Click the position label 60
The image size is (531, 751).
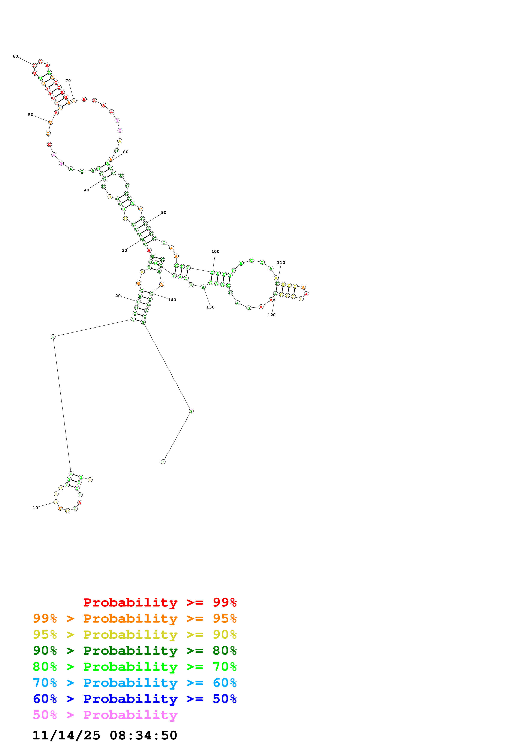click(15, 56)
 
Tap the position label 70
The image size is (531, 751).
click(68, 80)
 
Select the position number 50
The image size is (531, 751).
click(30, 115)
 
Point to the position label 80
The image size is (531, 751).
click(126, 152)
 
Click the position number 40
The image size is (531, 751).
click(86, 190)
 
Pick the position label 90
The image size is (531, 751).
click(164, 213)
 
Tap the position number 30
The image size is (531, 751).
click(124, 250)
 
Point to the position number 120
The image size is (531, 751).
click(272, 315)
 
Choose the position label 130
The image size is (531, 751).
click(210, 307)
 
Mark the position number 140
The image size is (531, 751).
click(172, 300)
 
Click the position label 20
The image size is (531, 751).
click(118, 296)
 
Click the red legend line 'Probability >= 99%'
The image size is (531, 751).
click(160, 602)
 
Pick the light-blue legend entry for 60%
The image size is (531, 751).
click(135, 683)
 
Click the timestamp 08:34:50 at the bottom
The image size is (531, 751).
click(143, 735)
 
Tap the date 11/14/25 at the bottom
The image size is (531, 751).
click(66, 735)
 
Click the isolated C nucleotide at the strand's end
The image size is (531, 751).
click(163, 462)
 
